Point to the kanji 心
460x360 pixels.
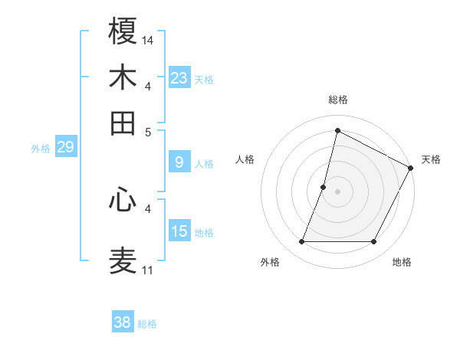tap(123, 201)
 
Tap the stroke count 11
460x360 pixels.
tap(147, 270)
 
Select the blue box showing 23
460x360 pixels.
tap(179, 78)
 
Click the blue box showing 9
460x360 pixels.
tap(179, 162)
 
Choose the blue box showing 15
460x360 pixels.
tap(179, 231)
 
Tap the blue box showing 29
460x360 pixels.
tap(65, 147)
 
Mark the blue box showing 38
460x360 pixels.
tap(123, 322)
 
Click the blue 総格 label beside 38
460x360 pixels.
tap(147, 324)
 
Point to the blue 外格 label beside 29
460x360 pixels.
tap(41, 149)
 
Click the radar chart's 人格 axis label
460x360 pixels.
tap(245, 159)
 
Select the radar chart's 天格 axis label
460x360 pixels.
tap(431, 159)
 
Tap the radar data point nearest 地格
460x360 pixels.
tap(374, 242)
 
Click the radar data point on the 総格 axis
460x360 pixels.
tap(337, 131)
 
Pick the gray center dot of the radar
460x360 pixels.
tap(337, 191)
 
